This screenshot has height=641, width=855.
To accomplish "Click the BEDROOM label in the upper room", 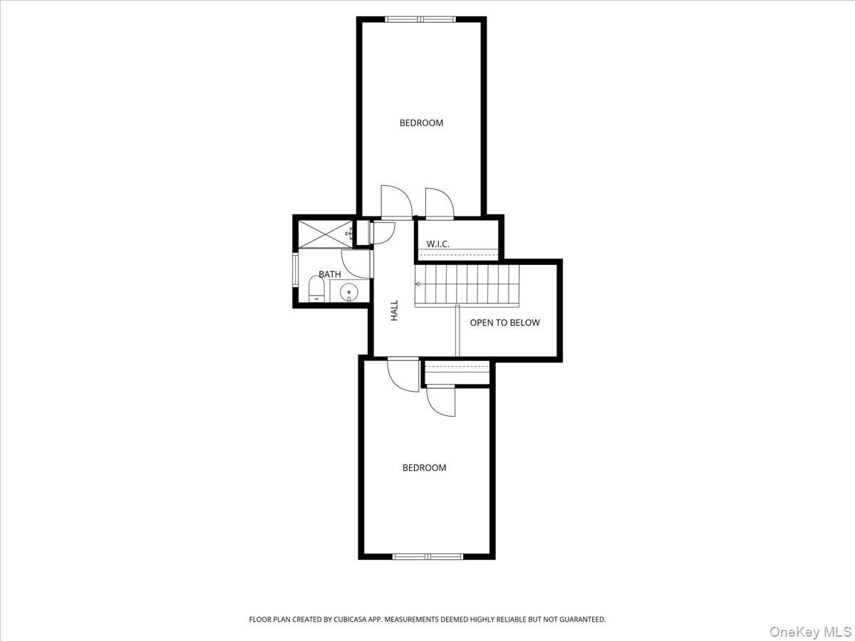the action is [421, 123].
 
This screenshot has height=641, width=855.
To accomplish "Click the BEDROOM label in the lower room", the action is [424, 468].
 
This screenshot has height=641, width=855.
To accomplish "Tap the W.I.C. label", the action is [437, 244].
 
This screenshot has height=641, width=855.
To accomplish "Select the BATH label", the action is [330, 274].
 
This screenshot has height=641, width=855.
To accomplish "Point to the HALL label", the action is [395, 311].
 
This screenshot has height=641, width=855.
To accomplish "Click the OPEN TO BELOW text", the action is [505, 323].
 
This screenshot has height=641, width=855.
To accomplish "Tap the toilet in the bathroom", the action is [316, 288].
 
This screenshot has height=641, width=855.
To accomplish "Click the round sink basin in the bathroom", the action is [348, 292].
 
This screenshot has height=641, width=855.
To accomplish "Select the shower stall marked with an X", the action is [325, 234].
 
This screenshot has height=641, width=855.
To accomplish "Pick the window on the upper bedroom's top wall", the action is [420, 19].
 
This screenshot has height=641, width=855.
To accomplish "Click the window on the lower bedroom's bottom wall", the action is [427, 556].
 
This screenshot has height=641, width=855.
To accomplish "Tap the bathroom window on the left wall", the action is [295, 270].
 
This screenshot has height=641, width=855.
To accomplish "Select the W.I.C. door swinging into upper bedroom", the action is [440, 204].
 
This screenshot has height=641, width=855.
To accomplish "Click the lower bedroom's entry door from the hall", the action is [403, 374].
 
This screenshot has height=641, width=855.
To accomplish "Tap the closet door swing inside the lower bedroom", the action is [440, 401].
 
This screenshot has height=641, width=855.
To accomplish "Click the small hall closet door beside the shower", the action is [383, 233].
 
